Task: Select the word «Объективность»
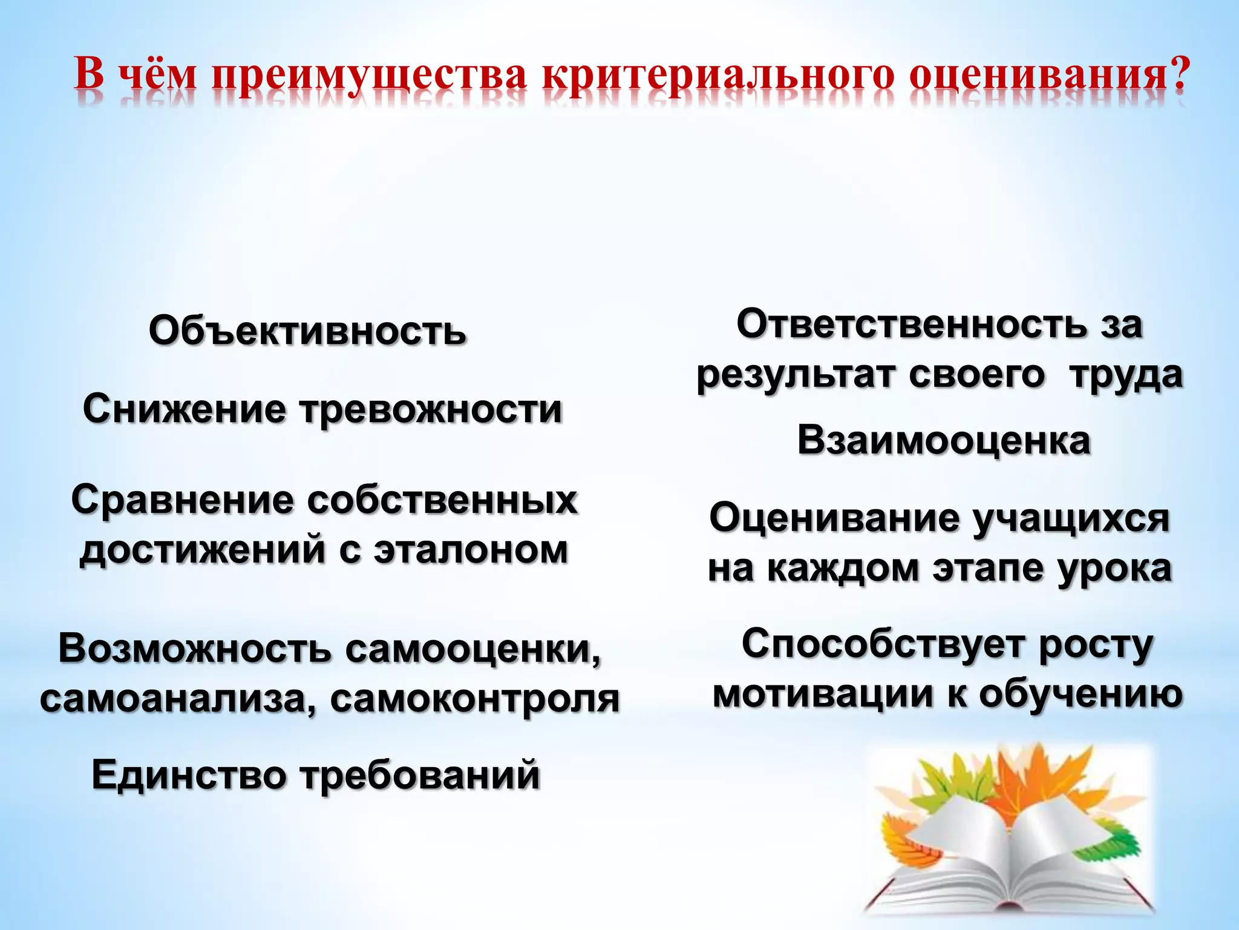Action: click(307, 332)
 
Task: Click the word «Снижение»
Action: click(184, 409)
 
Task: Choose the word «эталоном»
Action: click(471, 550)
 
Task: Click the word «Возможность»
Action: click(194, 648)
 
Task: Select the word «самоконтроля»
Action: click(475, 699)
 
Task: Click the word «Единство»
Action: click(189, 776)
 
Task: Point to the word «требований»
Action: click(420, 776)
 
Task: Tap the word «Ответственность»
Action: click(911, 325)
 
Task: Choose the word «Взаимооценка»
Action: click(944, 441)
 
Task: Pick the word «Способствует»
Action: click(882, 645)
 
